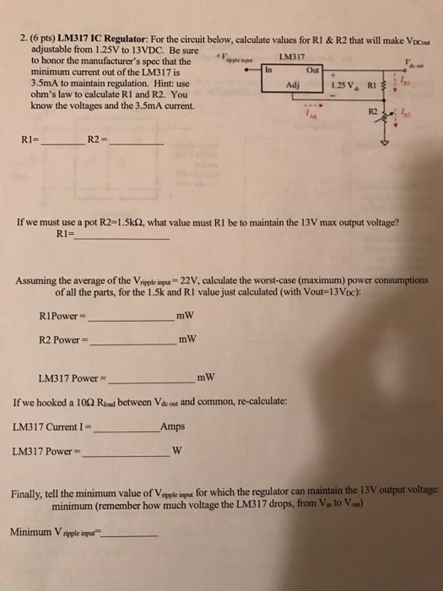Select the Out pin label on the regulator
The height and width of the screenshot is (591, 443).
pos(314,71)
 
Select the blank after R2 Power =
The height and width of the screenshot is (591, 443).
pos(132,342)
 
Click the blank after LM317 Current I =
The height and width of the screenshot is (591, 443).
pos(126,428)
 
